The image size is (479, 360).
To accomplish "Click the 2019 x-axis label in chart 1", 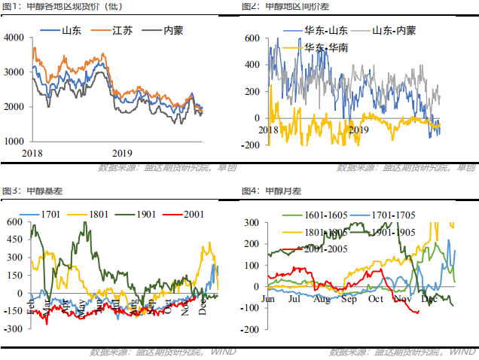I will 122,152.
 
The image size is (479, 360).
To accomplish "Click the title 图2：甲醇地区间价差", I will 291,7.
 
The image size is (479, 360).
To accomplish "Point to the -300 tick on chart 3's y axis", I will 13,329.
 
